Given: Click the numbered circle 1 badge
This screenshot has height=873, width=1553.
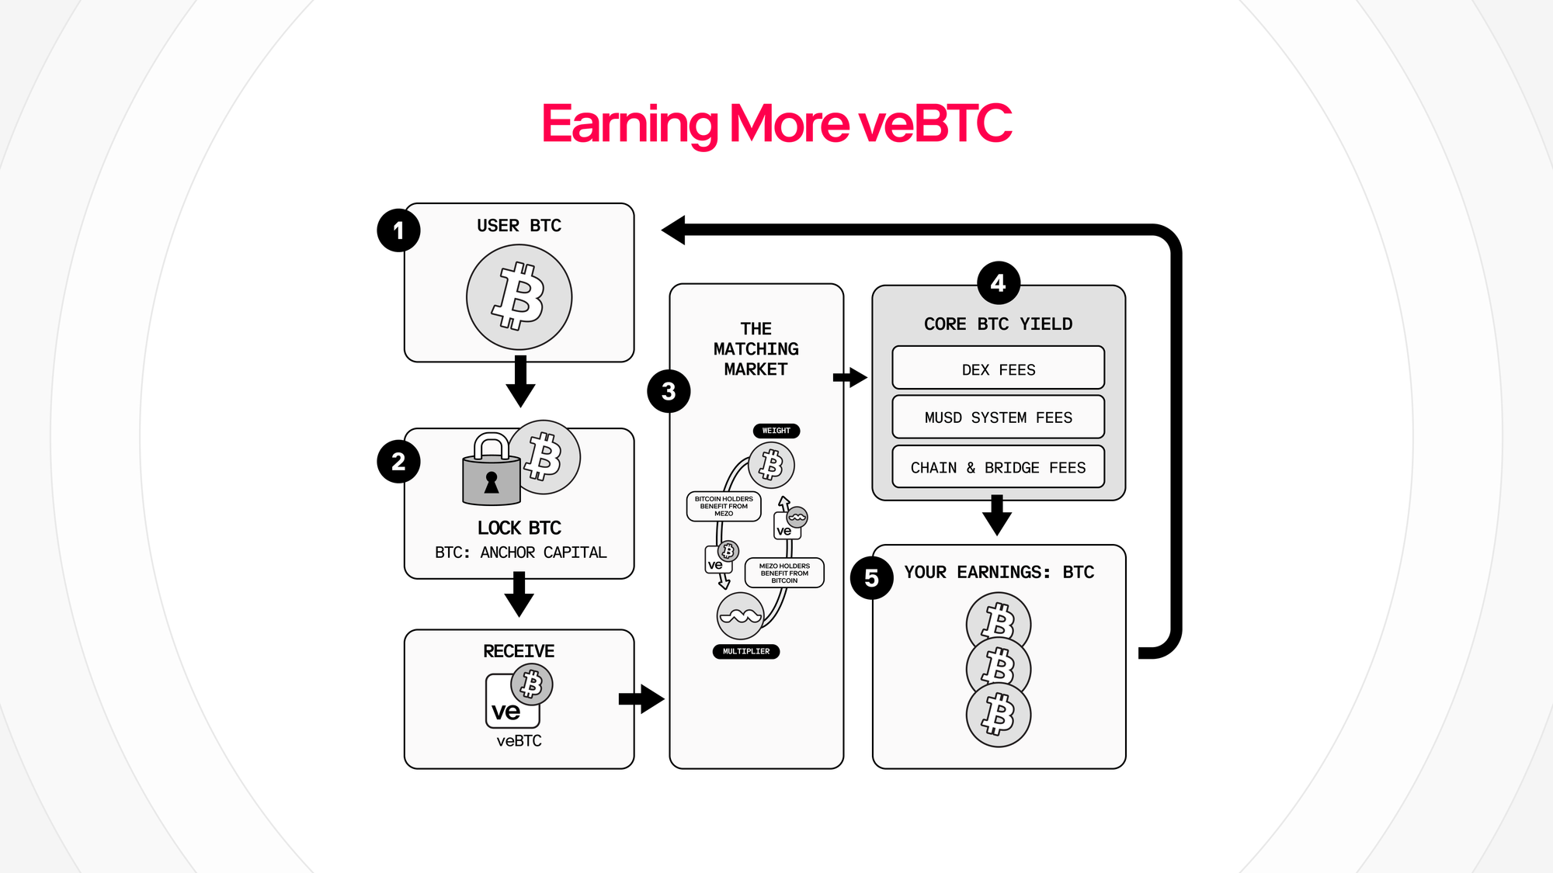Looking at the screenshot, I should tap(398, 230).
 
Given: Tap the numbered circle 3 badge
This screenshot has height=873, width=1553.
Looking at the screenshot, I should tap(669, 391).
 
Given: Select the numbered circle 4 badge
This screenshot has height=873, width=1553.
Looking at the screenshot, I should tap(999, 283).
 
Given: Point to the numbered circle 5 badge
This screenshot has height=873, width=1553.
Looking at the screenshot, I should tap(872, 578).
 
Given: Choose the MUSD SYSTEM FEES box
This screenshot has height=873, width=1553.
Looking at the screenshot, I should tap(998, 417).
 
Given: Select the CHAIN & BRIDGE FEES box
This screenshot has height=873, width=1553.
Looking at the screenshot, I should tap(998, 467).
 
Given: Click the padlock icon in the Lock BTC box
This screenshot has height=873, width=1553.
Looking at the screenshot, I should tap(491, 472).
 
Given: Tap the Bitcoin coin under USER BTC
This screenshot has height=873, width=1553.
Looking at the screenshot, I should tap(519, 297).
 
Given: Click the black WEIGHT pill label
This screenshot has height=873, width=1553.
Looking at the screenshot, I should tap(776, 431).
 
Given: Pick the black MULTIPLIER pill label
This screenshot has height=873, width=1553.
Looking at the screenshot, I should tap(745, 652).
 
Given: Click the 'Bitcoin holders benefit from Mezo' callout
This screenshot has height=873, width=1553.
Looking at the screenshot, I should tap(724, 506).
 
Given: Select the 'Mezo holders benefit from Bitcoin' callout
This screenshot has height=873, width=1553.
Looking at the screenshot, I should tap(784, 573).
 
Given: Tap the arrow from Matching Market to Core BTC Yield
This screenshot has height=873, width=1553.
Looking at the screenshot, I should tap(849, 378).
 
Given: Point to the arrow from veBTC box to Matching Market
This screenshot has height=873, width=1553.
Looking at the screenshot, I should tap(641, 699).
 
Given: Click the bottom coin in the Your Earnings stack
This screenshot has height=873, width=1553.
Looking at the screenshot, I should tap(998, 715).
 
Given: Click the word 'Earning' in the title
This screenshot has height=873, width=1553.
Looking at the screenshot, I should tap(630, 124).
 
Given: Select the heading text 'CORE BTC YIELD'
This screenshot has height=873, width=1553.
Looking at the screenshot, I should tap(998, 324).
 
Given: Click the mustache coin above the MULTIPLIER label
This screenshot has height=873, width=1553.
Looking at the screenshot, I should tap(740, 616).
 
